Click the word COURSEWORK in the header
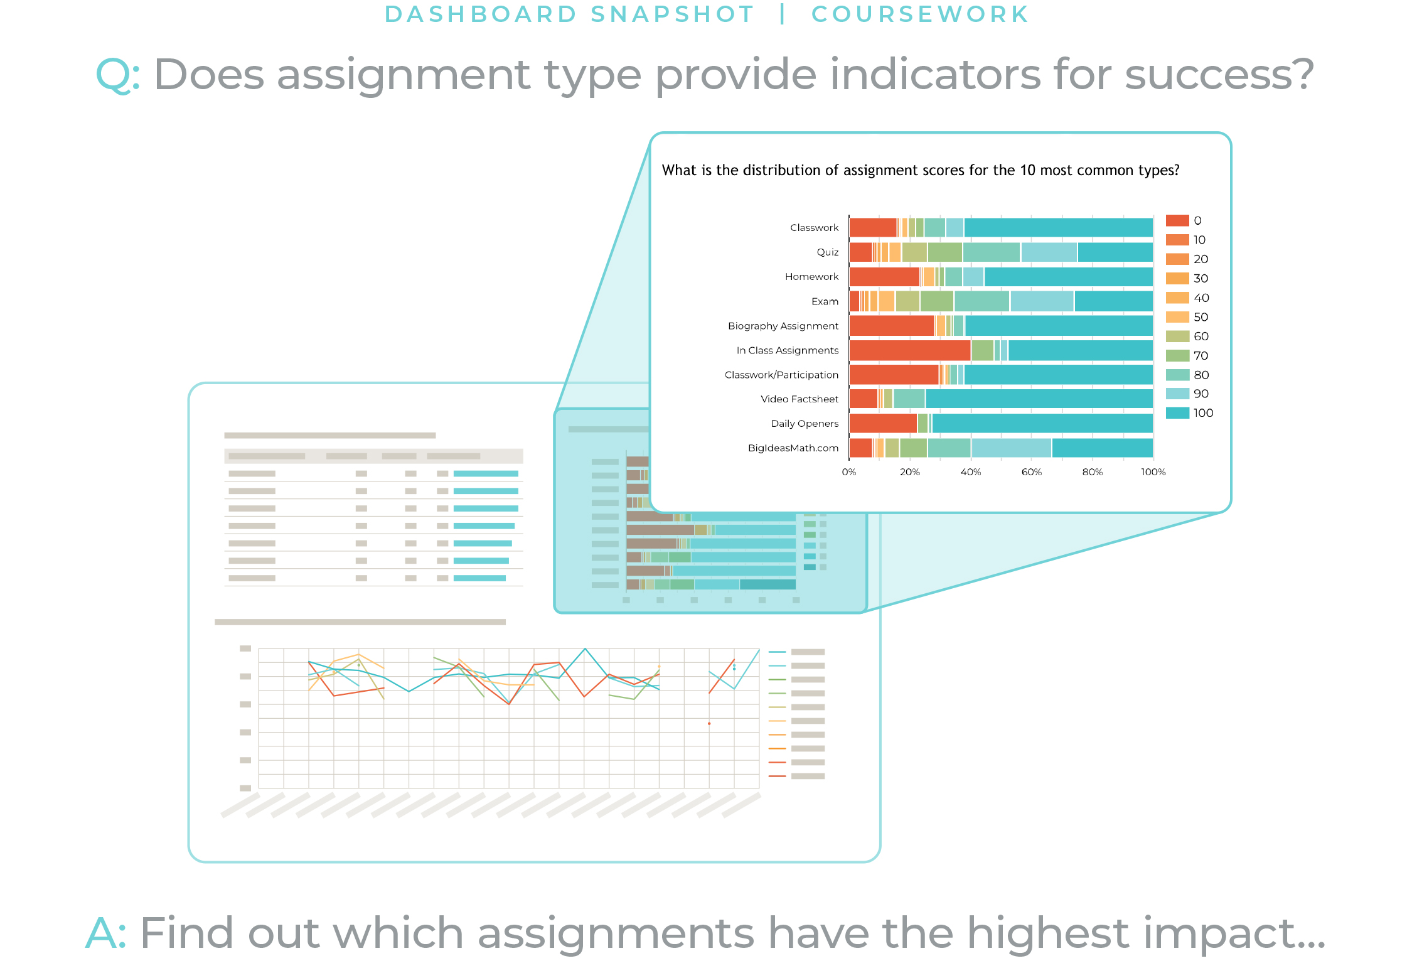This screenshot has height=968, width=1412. click(919, 14)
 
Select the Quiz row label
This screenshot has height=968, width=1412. click(827, 252)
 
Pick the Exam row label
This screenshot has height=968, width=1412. click(825, 301)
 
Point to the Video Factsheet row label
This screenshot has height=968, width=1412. click(799, 399)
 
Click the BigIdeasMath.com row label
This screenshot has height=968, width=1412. click(793, 448)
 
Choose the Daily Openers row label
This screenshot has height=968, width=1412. click(804, 424)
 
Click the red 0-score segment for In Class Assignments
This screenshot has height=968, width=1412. click(909, 350)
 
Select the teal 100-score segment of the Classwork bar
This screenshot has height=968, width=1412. click(1058, 227)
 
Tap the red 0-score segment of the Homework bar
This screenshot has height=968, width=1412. click(884, 277)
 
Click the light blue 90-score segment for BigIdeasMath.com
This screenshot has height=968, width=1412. click(1011, 448)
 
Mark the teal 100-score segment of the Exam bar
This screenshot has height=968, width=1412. click(1113, 301)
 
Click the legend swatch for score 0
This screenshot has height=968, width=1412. click(1177, 220)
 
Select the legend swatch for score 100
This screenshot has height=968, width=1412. click(1177, 413)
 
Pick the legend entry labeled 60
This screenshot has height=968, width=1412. click(1201, 336)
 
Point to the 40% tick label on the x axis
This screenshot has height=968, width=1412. click(970, 472)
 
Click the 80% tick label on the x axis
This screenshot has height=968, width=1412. click(1092, 472)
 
